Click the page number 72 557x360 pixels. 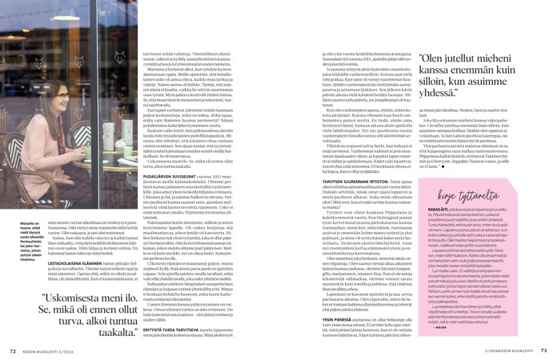13,349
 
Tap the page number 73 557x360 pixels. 543,349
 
